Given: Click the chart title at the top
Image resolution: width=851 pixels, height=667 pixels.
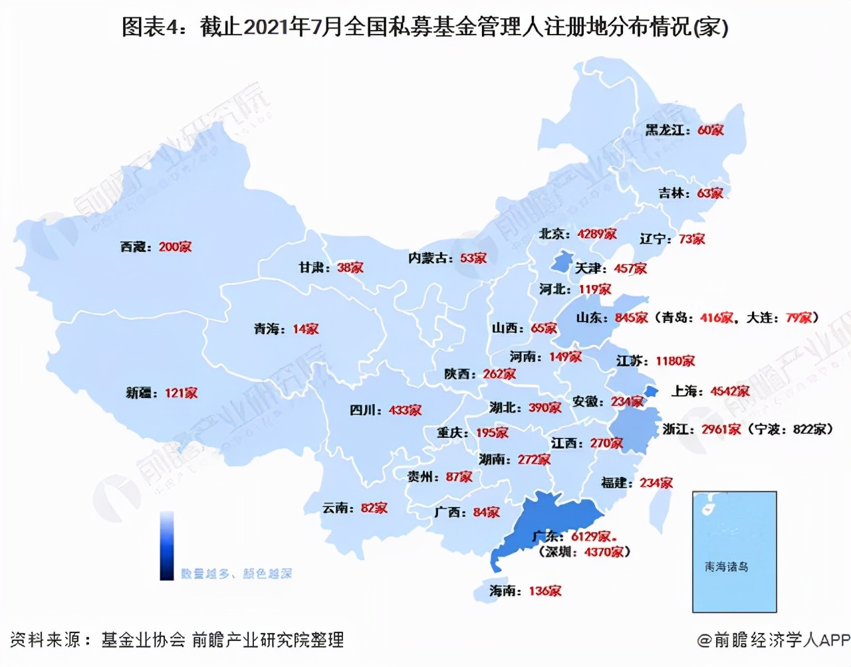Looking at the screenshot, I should coord(425,27).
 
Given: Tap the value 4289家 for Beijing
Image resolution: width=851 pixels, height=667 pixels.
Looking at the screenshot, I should coord(596,234).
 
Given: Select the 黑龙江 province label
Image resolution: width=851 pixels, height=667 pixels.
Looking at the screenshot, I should coord(667,130).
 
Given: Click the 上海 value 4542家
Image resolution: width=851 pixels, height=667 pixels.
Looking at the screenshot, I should coord(729,391).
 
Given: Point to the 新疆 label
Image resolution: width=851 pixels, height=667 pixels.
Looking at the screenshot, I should coord(142,393).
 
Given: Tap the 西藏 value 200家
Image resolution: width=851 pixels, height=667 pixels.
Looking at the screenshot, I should coord(175,246).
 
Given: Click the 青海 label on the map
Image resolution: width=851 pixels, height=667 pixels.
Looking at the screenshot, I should coord(269,329).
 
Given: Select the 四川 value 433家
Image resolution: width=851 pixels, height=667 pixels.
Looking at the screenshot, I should coord(405,410).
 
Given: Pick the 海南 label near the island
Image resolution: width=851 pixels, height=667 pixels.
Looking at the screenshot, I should coord(505,591).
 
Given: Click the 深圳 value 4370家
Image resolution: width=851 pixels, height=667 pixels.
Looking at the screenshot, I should coord(604,551).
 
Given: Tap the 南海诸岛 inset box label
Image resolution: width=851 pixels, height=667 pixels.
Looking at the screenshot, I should coord(726,567).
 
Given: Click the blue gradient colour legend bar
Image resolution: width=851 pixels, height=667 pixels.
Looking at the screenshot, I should coord(167,545).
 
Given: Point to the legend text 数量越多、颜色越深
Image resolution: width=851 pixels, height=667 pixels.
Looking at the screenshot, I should coord(236,573).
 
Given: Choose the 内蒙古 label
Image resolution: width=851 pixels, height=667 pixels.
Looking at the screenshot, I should coord(430,258).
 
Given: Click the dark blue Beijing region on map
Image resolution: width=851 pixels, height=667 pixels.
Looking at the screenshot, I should coord(562,260).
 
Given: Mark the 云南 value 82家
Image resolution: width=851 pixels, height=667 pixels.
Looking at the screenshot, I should coord(374,508).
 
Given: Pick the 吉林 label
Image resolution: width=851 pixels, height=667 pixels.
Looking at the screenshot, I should coord(673,193).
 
